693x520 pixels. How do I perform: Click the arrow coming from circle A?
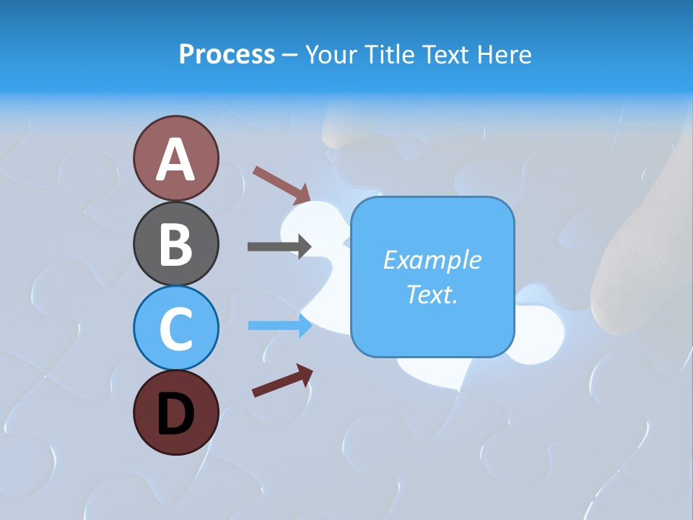click(x=282, y=183)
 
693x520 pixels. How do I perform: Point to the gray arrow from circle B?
click(x=279, y=246)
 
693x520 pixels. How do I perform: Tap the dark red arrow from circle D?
click(x=282, y=381)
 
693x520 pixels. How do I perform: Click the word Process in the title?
click(x=227, y=54)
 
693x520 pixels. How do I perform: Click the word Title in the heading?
click(x=391, y=54)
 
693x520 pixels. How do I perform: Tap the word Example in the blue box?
click(x=432, y=260)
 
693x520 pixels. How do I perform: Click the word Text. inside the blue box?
click(x=432, y=294)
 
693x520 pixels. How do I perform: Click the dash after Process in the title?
click(x=289, y=55)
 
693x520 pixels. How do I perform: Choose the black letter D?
click(x=175, y=414)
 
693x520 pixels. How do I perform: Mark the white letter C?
click(x=175, y=329)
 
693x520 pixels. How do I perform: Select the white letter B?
click(x=175, y=244)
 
